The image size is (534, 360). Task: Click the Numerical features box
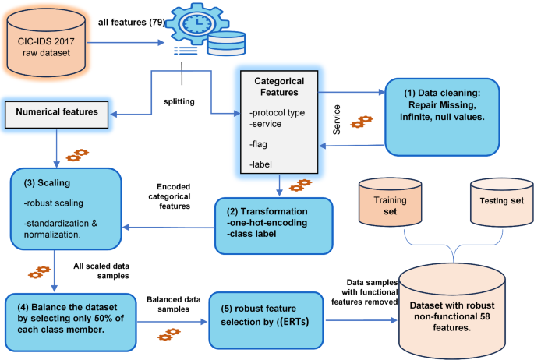(59, 112)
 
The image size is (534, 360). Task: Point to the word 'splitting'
(180, 102)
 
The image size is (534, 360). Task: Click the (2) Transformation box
(274, 224)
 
